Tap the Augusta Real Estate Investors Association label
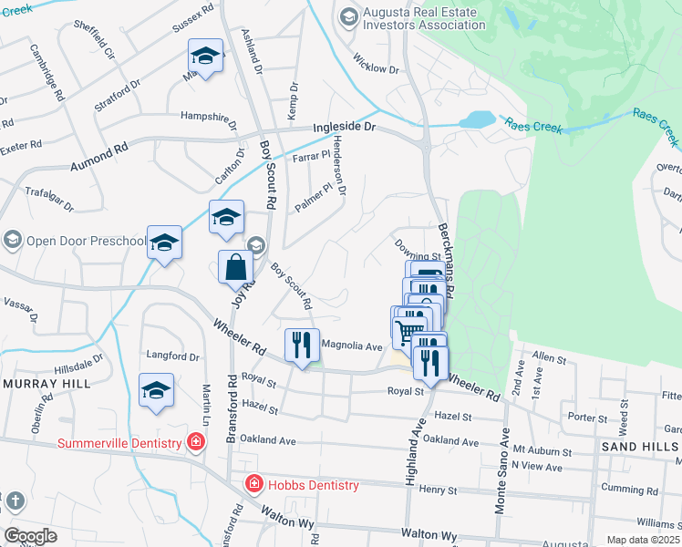(x=425, y=18)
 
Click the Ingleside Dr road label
(x=345, y=129)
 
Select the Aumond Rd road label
(x=98, y=157)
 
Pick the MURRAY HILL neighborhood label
(x=46, y=384)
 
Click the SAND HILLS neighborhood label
(x=639, y=447)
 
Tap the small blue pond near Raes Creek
(x=476, y=120)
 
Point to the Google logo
(x=30, y=535)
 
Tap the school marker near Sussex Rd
(x=205, y=57)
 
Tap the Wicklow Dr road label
(x=377, y=68)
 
